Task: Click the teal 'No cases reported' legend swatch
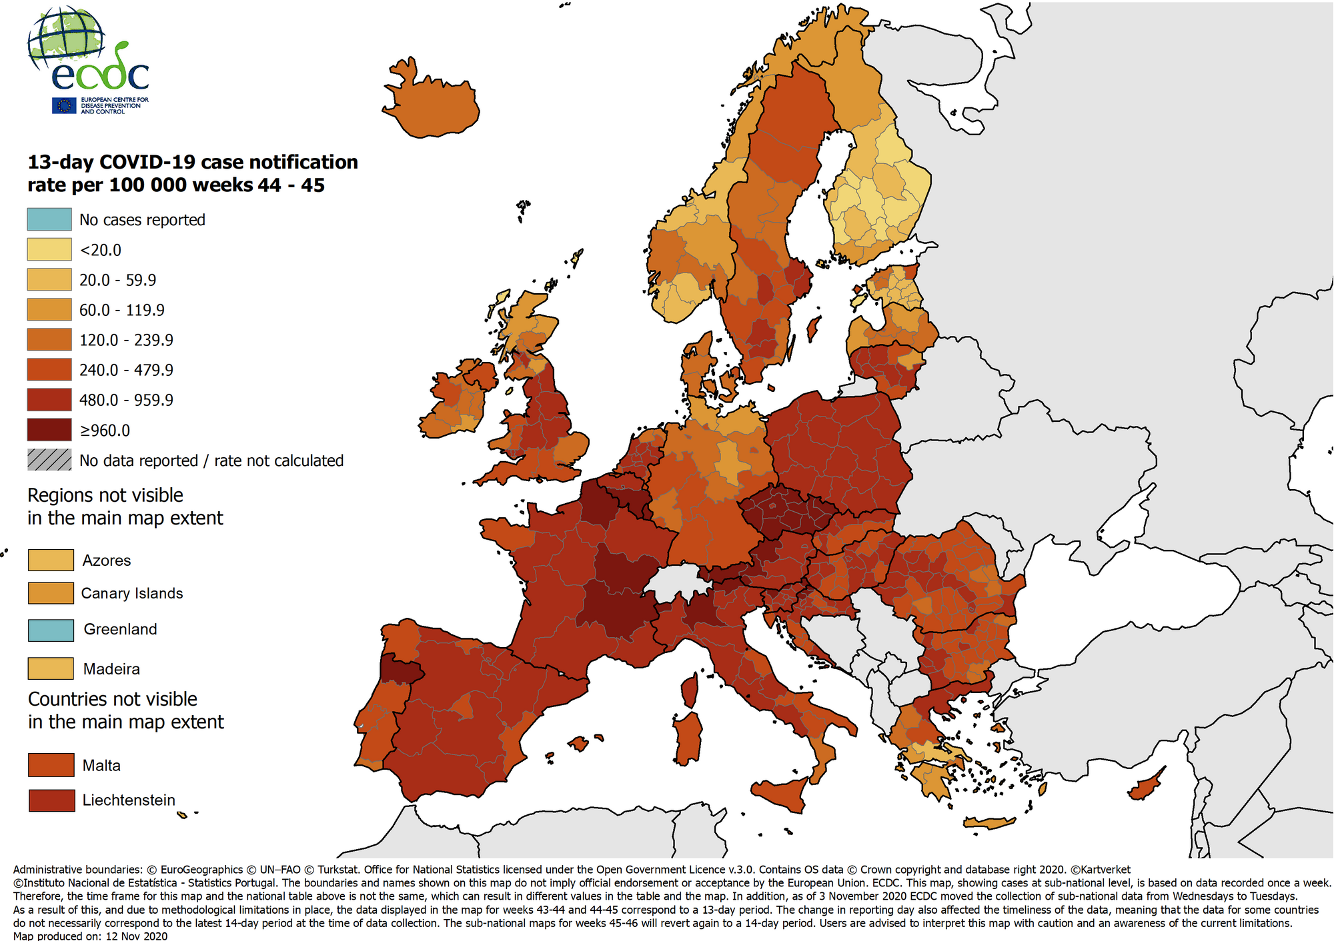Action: click(49, 219)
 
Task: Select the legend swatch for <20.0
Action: click(49, 249)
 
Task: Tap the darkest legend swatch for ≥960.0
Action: click(49, 430)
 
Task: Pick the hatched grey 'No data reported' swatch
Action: click(49, 460)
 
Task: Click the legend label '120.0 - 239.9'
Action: click(126, 340)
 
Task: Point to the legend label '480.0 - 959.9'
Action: click(126, 400)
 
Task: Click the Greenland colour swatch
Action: click(51, 630)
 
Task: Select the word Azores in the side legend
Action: click(107, 560)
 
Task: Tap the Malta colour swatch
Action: click(51, 765)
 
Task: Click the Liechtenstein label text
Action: click(129, 800)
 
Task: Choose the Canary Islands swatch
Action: click(51, 593)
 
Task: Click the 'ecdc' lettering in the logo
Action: click(100, 75)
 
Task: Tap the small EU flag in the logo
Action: click(65, 105)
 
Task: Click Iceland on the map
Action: click(434, 107)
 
